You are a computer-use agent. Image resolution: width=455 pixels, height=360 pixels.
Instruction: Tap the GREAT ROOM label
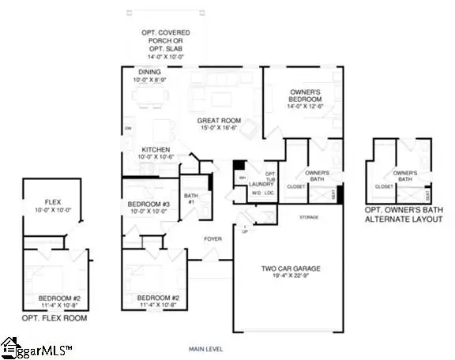click(x=219, y=121)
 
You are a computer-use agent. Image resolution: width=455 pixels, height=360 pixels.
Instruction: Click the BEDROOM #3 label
click(x=149, y=204)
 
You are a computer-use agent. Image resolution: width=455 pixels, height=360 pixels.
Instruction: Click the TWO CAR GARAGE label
click(x=291, y=269)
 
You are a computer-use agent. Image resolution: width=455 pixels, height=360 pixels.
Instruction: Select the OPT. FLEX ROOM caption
click(x=55, y=318)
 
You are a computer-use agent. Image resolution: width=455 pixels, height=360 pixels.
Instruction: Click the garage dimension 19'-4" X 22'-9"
click(x=291, y=278)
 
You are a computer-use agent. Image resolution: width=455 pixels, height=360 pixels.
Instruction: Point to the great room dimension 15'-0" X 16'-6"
click(x=219, y=129)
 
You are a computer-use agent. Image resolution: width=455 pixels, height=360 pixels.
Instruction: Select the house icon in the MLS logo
click(x=11, y=347)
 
